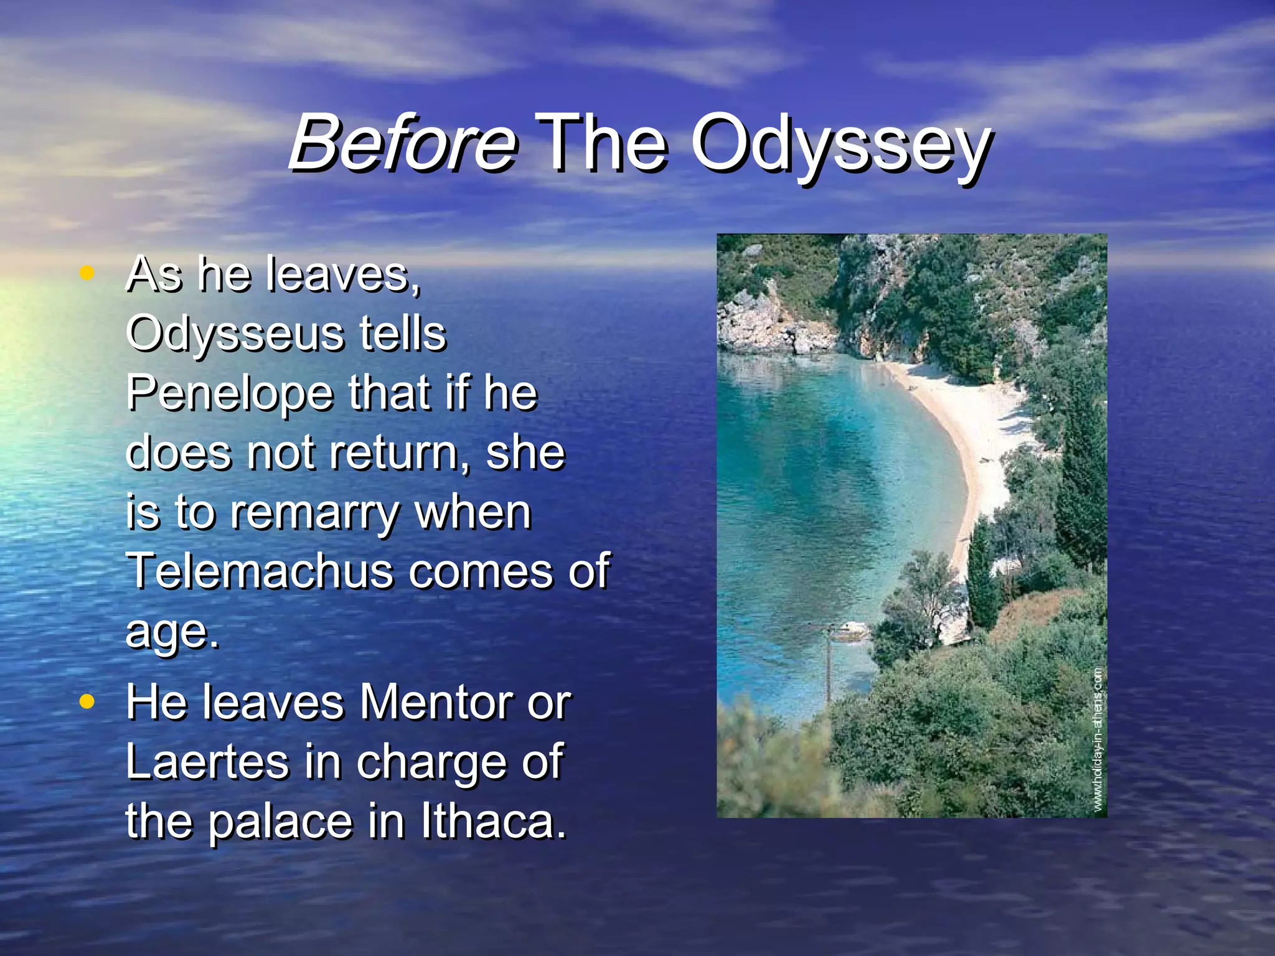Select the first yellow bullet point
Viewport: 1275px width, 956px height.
87,272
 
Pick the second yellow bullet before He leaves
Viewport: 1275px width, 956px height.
87,701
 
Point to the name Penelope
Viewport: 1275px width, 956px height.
230,393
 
